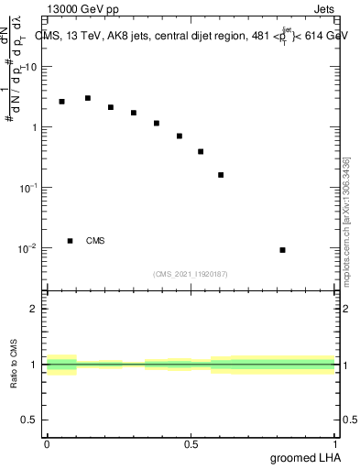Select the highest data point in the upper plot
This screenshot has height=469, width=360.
pos(88,98)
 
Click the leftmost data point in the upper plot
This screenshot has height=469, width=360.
pos(62,102)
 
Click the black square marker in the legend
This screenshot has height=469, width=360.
pos(70,241)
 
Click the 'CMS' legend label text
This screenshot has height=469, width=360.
pos(95,241)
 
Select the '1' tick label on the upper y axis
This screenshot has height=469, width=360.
pos(36,127)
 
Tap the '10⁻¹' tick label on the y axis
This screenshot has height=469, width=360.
pos(29,187)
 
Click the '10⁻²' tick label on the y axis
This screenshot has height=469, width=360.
pos(29,247)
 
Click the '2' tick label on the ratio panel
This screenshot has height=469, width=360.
pos(36,309)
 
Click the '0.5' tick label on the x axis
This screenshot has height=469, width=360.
pos(191,443)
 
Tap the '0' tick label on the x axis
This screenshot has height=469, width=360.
pos(47,443)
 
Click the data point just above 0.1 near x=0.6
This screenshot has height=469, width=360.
pos(221,175)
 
